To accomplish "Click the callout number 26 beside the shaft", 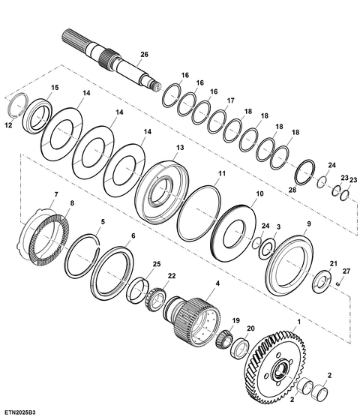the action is pos(144,54).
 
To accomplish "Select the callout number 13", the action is pos(180,147).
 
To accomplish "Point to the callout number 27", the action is pos(346,271).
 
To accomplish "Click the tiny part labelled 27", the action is pos(338,283).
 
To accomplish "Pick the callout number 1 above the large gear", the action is pos(299,322).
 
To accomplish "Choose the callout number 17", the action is pos(231,100).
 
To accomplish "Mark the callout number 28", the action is pos(292,190).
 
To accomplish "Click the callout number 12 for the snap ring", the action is pos(8,125).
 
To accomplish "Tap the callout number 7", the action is pos(56,194).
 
